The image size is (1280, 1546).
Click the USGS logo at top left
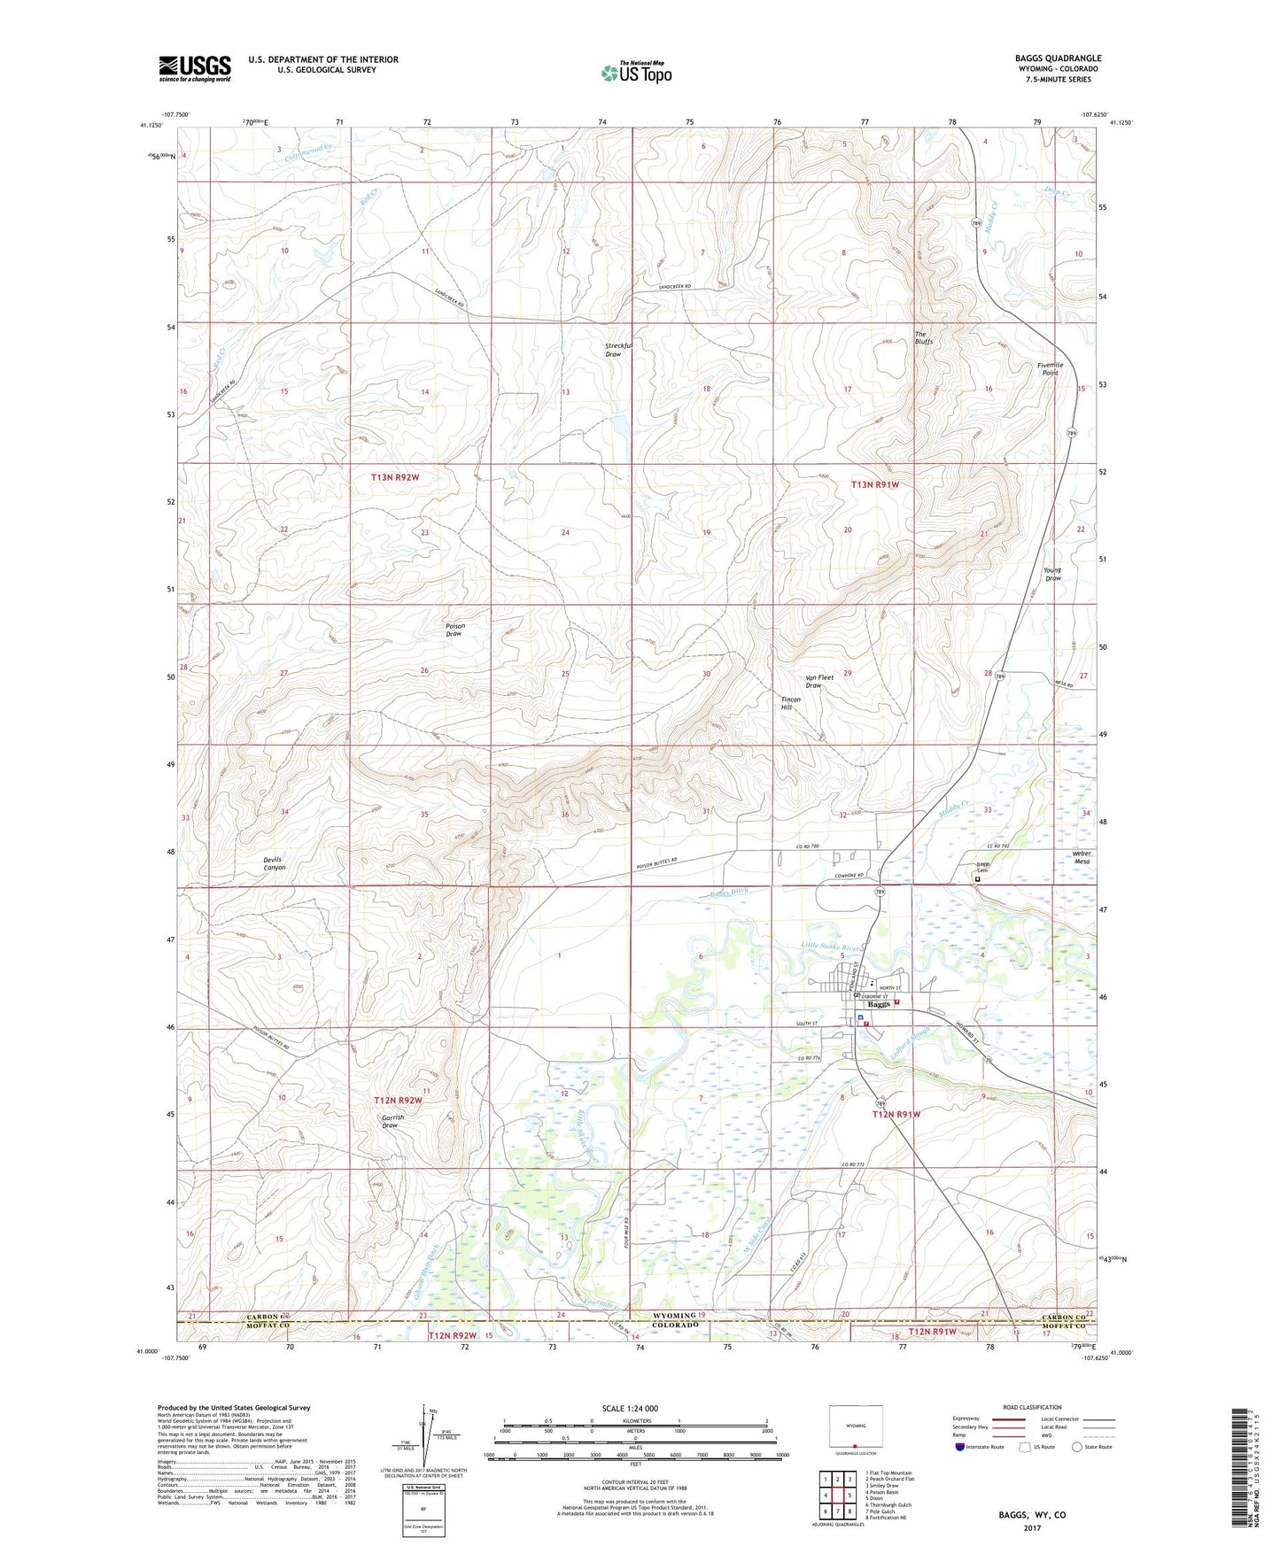click(194, 68)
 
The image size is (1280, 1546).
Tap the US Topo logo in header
click(635, 73)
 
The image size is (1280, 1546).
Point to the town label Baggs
click(878, 1005)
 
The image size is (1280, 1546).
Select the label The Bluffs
click(924, 337)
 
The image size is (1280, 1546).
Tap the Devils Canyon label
click(274, 863)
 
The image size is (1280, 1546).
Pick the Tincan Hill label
click(790, 703)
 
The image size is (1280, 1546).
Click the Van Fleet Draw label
click(818, 682)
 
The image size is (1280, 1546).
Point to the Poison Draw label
click(454, 630)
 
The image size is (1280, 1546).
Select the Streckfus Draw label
click(613, 350)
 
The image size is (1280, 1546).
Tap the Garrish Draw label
click(392, 1121)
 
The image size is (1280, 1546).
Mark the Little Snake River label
click(830, 947)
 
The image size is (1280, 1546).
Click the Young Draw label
click(1052, 574)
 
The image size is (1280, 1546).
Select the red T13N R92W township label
click(394, 477)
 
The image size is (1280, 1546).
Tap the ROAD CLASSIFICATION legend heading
click(1032, 1407)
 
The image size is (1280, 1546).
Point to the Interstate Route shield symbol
click(960, 1447)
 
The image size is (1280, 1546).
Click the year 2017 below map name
click(1031, 1527)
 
